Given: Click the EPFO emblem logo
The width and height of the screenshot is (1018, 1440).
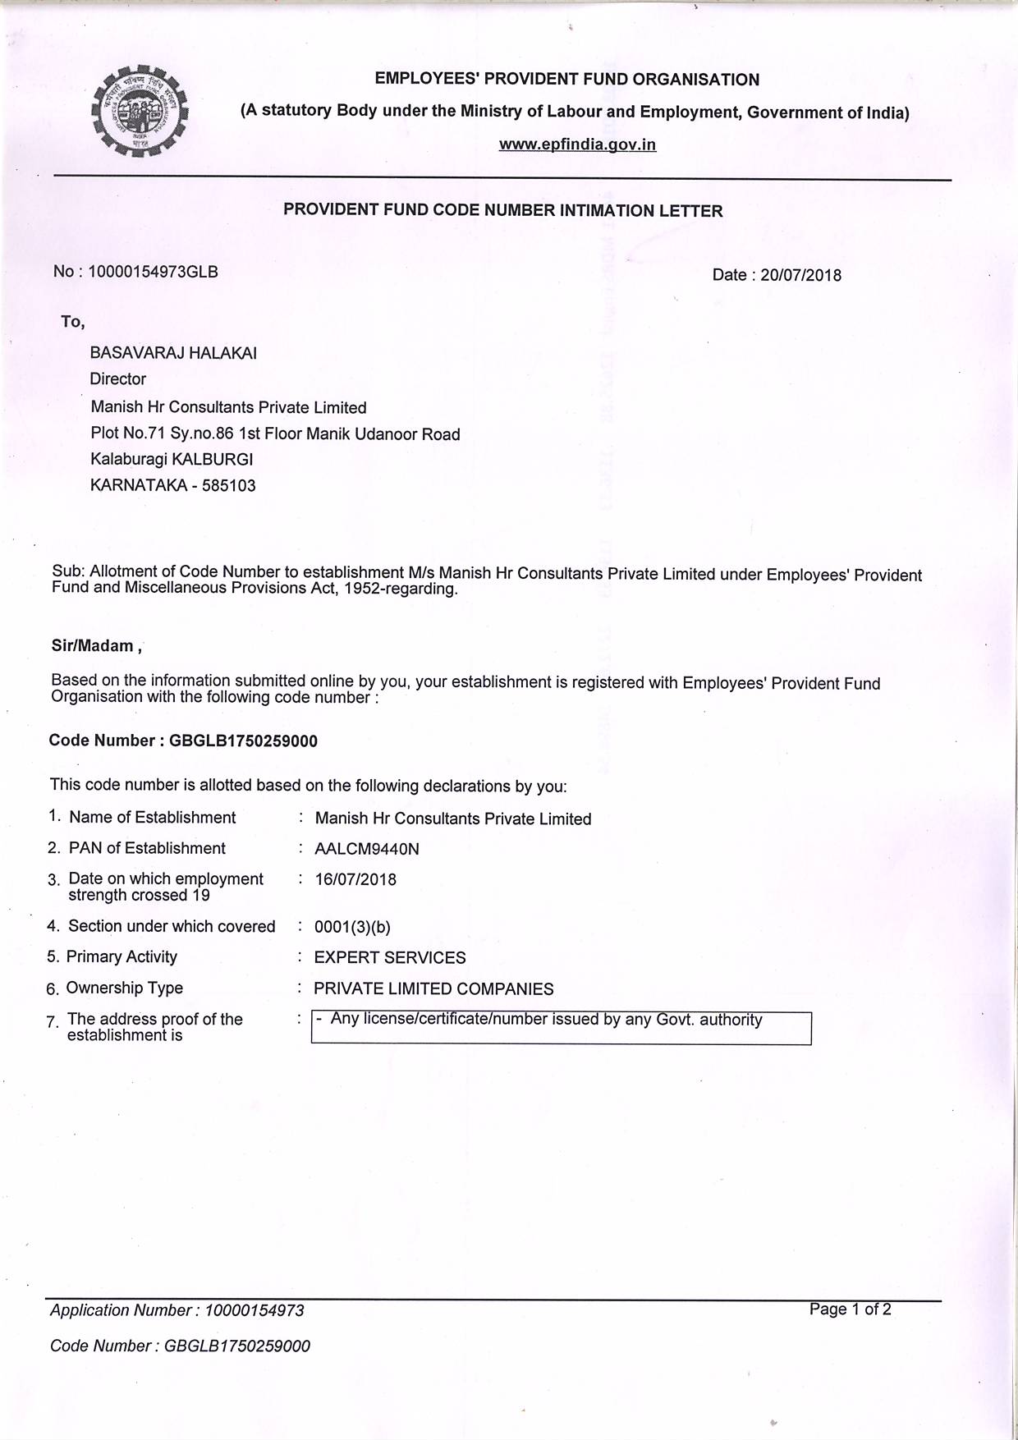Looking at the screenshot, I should pyautogui.click(x=139, y=112).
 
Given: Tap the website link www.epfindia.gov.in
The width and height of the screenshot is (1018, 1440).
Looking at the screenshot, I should pyautogui.click(x=577, y=144).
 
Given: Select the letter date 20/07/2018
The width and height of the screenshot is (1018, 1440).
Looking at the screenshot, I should pyautogui.click(x=800, y=275).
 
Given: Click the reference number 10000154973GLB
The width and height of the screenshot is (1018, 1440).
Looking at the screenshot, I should pyautogui.click(x=153, y=272).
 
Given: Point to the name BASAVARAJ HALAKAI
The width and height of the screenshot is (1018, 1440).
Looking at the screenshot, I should pyautogui.click(x=173, y=353).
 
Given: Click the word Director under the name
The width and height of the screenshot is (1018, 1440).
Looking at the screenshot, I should pyautogui.click(x=117, y=379).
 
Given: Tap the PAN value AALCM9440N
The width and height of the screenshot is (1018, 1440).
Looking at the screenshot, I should pyautogui.click(x=367, y=849).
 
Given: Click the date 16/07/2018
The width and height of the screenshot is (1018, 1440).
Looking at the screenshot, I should pyautogui.click(x=355, y=879).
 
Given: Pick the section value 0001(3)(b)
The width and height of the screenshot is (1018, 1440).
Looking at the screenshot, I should pyautogui.click(x=352, y=927).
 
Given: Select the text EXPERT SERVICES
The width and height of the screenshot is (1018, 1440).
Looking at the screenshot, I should pyautogui.click(x=390, y=957).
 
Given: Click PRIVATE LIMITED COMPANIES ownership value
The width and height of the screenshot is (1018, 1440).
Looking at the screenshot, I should pyautogui.click(x=433, y=988).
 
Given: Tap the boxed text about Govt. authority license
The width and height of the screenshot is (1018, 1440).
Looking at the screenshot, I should pyautogui.click(x=546, y=1020).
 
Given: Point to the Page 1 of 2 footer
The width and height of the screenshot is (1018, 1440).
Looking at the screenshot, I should pyautogui.click(x=850, y=1309).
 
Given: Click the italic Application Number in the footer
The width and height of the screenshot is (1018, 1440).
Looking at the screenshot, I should pyautogui.click(x=177, y=1310).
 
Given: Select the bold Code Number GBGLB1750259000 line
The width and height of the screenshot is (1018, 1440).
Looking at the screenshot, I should pyautogui.click(x=183, y=741).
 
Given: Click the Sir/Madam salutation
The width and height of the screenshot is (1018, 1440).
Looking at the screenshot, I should pyautogui.click(x=96, y=646).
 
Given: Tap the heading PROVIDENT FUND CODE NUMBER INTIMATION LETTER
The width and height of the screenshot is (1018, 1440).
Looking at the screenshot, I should pyautogui.click(x=502, y=210).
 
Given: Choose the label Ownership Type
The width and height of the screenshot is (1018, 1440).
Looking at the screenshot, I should pyautogui.click(x=124, y=988).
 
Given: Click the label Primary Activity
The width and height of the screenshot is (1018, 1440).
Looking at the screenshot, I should pyautogui.click(x=122, y=956).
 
